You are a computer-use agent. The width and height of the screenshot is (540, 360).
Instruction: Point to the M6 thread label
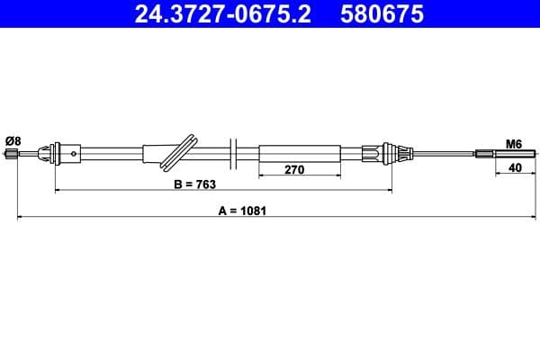(x=514, y=143)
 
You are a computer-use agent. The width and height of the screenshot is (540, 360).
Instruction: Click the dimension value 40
(x=514, y=167)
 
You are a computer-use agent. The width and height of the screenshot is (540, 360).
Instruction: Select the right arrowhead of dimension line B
(x=389, y=191)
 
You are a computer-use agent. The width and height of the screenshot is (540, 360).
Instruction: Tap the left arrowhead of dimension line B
(x=58, y=191)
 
